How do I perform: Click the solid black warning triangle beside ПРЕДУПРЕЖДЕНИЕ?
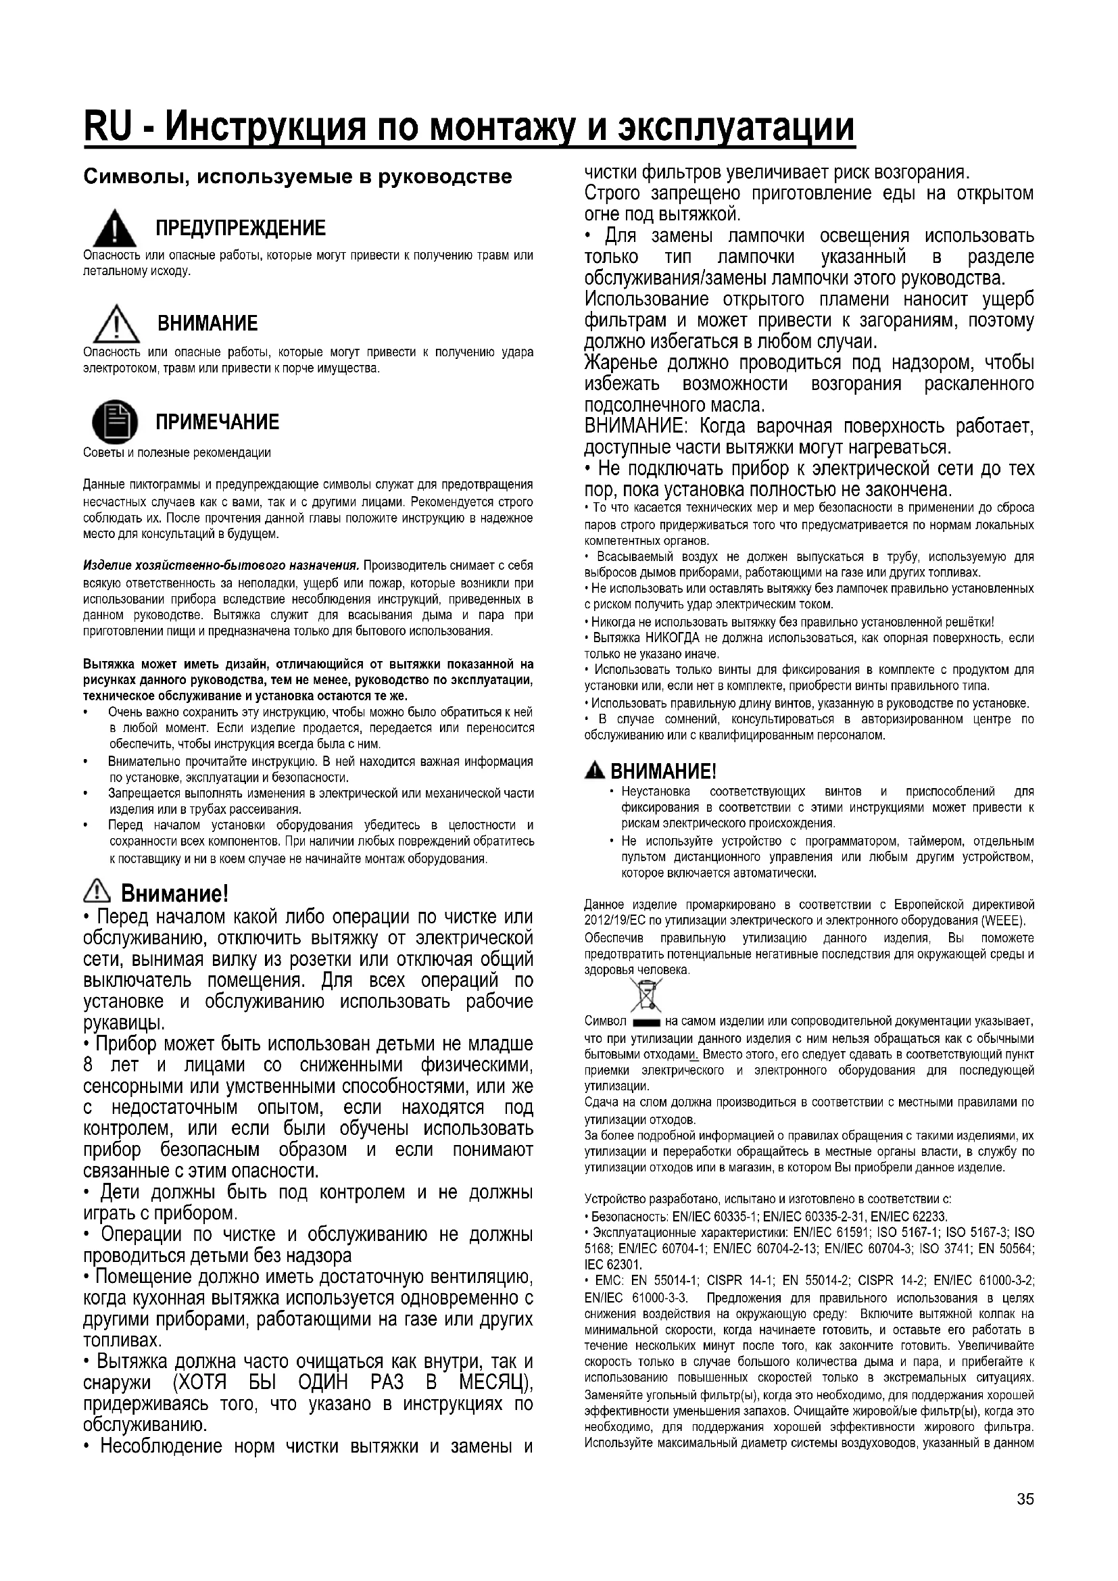[115, 230]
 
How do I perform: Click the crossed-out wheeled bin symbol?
[645, 996]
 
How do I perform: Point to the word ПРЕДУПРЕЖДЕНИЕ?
[240, 228]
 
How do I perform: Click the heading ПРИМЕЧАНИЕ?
[218, 421]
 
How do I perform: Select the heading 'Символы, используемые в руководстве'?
[297, 177]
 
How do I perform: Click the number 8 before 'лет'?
[88, 1065]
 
